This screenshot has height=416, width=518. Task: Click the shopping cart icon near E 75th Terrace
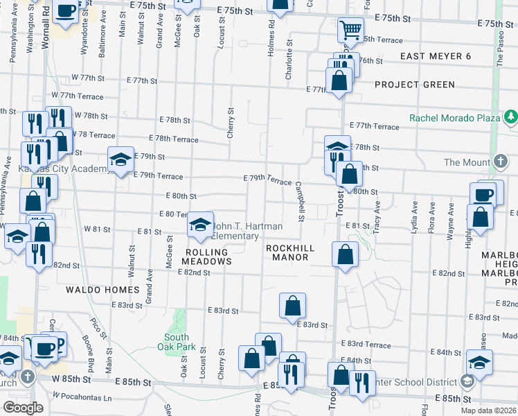(x=351, y=30)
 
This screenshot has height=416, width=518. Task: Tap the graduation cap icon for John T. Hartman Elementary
(x=199, y=225)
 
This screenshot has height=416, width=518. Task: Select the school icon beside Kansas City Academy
(x=120, y=160)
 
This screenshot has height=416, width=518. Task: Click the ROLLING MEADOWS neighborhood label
(x=206, y=256)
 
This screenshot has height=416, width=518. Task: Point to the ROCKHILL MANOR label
(x=291, y=252)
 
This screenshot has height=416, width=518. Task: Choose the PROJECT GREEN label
(x=414, y=85)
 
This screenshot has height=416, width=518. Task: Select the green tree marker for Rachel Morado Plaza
(x=510, y=117)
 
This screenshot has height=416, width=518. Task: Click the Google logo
(x=23, y=407)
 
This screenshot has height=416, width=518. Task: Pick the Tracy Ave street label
(x=377, y=217)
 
